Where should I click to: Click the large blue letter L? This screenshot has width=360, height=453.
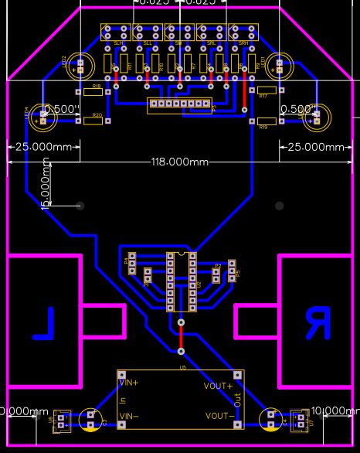(45, 324)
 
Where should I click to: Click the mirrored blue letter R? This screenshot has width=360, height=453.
(316, 323)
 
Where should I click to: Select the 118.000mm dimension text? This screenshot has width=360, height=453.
(180, 162)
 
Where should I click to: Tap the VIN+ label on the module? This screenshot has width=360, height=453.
(129, 382)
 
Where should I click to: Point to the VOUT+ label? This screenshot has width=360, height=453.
(219, 386)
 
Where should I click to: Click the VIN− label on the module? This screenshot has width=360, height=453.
(129, 417)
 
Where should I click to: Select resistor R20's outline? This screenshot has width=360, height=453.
(93, 121)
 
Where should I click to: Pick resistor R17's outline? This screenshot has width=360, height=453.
(267, 90)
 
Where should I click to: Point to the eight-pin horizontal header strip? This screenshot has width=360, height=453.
(179, 103)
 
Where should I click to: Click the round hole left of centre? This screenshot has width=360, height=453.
(80, 206)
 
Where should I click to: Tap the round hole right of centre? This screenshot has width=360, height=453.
(280, 206)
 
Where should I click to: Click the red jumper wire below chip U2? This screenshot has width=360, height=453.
(182, 335)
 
